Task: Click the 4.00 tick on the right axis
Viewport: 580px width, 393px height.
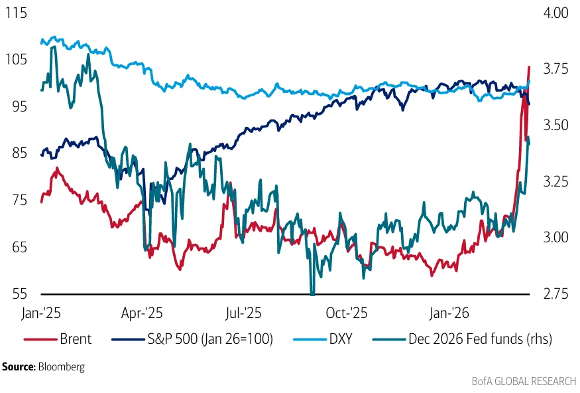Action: click(x=555, y=13)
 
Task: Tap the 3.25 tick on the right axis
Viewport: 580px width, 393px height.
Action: click(x=555, y=181)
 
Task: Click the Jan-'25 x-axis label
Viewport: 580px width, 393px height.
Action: click(x=41, y=312)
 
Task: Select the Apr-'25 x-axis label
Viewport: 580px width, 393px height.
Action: click(x=143, y=312)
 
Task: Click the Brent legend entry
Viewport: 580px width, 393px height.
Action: click(x=74, y=339)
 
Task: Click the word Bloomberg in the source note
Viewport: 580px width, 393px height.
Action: click(x=62, y=366)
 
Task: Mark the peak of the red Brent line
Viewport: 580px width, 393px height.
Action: click(x=529, y=66)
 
